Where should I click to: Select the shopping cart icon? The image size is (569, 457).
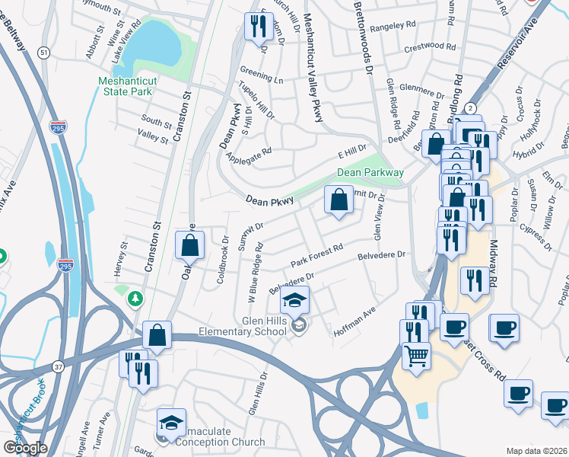[416, 355]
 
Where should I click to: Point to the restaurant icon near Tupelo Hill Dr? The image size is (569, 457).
[255, 27]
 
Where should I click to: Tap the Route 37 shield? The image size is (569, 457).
[59, 367]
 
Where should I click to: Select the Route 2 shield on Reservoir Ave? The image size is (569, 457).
[471, 108]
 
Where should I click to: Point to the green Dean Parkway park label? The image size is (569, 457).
[370, 173]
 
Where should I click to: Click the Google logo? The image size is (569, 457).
[25, 448]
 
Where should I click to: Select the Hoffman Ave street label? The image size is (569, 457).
[354, 323]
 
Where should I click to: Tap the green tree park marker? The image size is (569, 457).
[135, 297]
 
